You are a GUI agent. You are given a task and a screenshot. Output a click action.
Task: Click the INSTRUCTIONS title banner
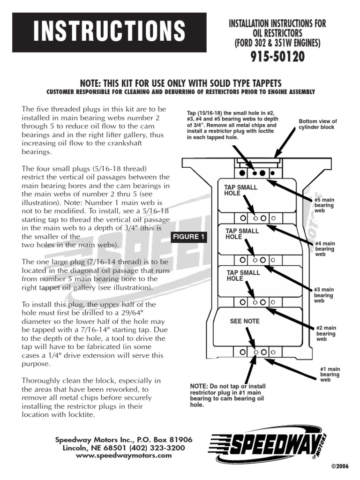[109, 31]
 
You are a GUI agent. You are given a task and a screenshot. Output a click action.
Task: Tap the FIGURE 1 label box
[188, 237]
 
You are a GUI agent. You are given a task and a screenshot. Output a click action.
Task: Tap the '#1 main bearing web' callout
[330, 375]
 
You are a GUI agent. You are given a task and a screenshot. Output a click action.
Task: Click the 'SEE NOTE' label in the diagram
[245, 322]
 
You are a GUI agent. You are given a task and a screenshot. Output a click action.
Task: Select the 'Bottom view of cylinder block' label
[318, 124]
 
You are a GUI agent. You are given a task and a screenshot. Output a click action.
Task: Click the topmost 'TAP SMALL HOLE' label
[241, 190]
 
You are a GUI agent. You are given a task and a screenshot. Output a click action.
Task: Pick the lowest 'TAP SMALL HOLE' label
[241, 276]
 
